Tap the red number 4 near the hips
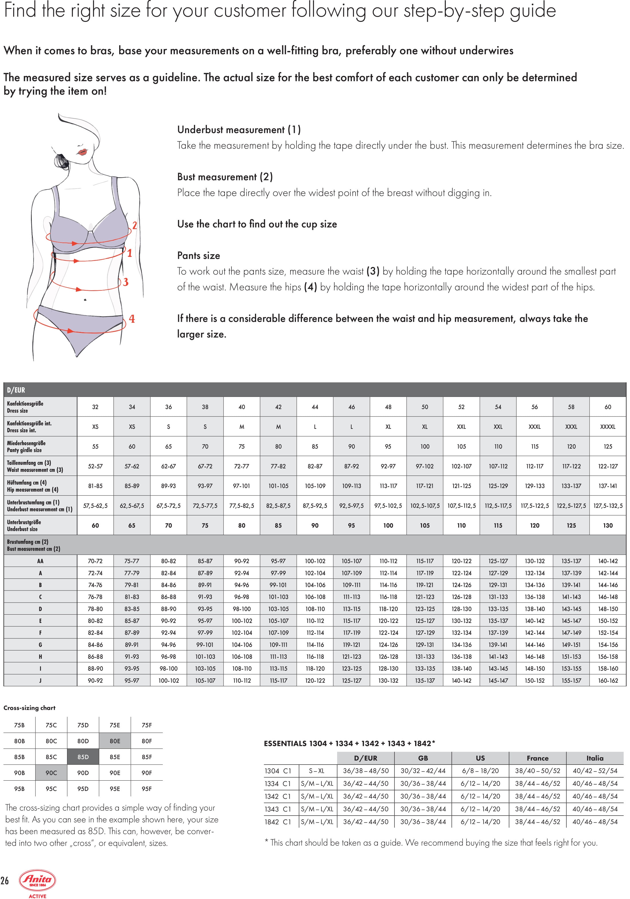coord(132,319)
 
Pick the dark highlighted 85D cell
coord(83,757)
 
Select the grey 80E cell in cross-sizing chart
coord(115,741)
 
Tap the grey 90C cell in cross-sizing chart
coord(51,773)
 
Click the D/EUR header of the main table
coord(16,390)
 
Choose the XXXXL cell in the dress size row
coord(607,427)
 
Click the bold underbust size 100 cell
coord(388,525)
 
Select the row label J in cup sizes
coord(40,681)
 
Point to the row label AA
coord(40,561)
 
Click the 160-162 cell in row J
coord(608,681)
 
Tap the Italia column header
coord(594,758)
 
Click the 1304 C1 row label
coord(278,771)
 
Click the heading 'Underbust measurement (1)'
coord(239,130)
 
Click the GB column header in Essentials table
coord(423,758)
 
